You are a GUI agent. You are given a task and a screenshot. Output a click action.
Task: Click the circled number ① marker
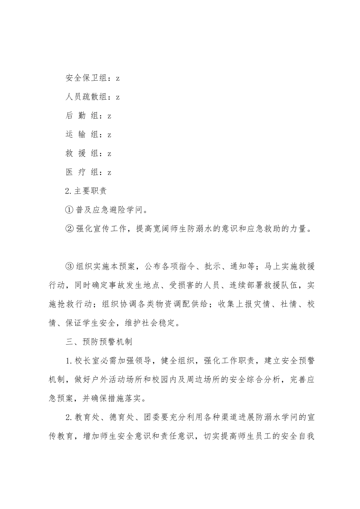[x=69, y=210]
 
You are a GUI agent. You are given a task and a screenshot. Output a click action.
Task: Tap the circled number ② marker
[x=69, y=229]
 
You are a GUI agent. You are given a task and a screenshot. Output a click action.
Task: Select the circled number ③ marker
[x=69, y=266]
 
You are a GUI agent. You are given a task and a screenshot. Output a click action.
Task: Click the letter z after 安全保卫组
[x=118, y=78]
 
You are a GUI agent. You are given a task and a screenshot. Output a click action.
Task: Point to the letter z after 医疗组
[x=110, y=172]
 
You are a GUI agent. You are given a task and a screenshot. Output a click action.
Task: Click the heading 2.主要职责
[x=86, y=191]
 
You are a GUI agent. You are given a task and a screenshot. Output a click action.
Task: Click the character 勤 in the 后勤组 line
[x=82, y=116]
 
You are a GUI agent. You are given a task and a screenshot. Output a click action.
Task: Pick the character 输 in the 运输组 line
[x=82, y=135]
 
